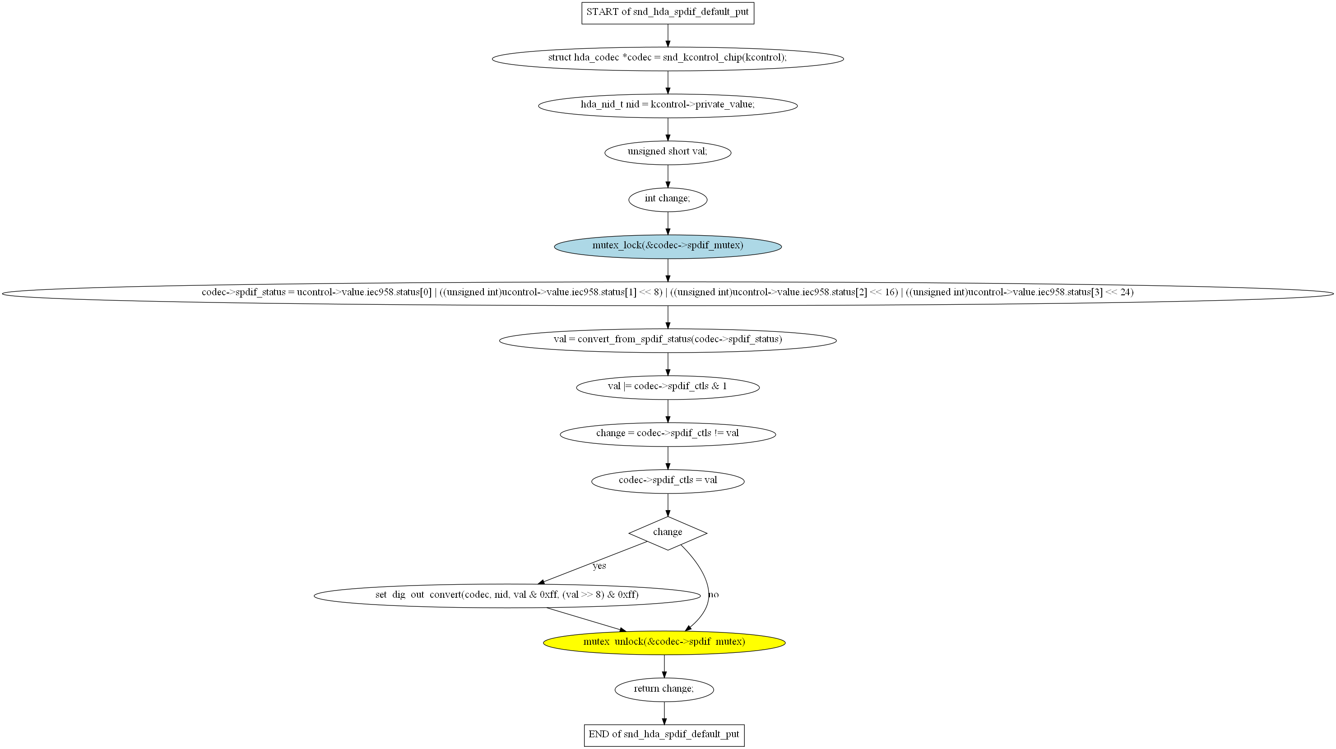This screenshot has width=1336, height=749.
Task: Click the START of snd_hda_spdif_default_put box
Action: click(668, 13)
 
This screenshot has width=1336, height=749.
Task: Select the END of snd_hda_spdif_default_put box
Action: click(664, 735)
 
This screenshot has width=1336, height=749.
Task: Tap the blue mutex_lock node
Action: click(668, 246)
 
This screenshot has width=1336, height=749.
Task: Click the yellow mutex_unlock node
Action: click(664, 642)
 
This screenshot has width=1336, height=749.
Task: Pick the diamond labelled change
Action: click(668, 533)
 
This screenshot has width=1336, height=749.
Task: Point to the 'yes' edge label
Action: click(599, 566)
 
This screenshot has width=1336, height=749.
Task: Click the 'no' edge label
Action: click(714, 595)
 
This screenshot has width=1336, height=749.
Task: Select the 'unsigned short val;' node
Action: click(668, 152)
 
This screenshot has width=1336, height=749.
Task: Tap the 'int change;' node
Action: click(668, 199)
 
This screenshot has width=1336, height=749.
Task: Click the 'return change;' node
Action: click(664, 689)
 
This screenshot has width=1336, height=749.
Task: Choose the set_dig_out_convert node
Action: click(507, 595)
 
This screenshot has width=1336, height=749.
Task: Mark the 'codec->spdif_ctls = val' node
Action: click(668, 481)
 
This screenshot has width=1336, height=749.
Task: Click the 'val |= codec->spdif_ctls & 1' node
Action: click(668, 387)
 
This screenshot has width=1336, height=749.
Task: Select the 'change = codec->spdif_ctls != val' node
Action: click(668, 433)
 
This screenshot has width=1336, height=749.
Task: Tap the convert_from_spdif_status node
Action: click(668, 340)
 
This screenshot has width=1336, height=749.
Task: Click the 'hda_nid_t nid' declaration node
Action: click(668, 105)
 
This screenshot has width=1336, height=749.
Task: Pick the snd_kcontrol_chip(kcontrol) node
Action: click(668, 58)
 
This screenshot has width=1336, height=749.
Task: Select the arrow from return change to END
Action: click(664, 713)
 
